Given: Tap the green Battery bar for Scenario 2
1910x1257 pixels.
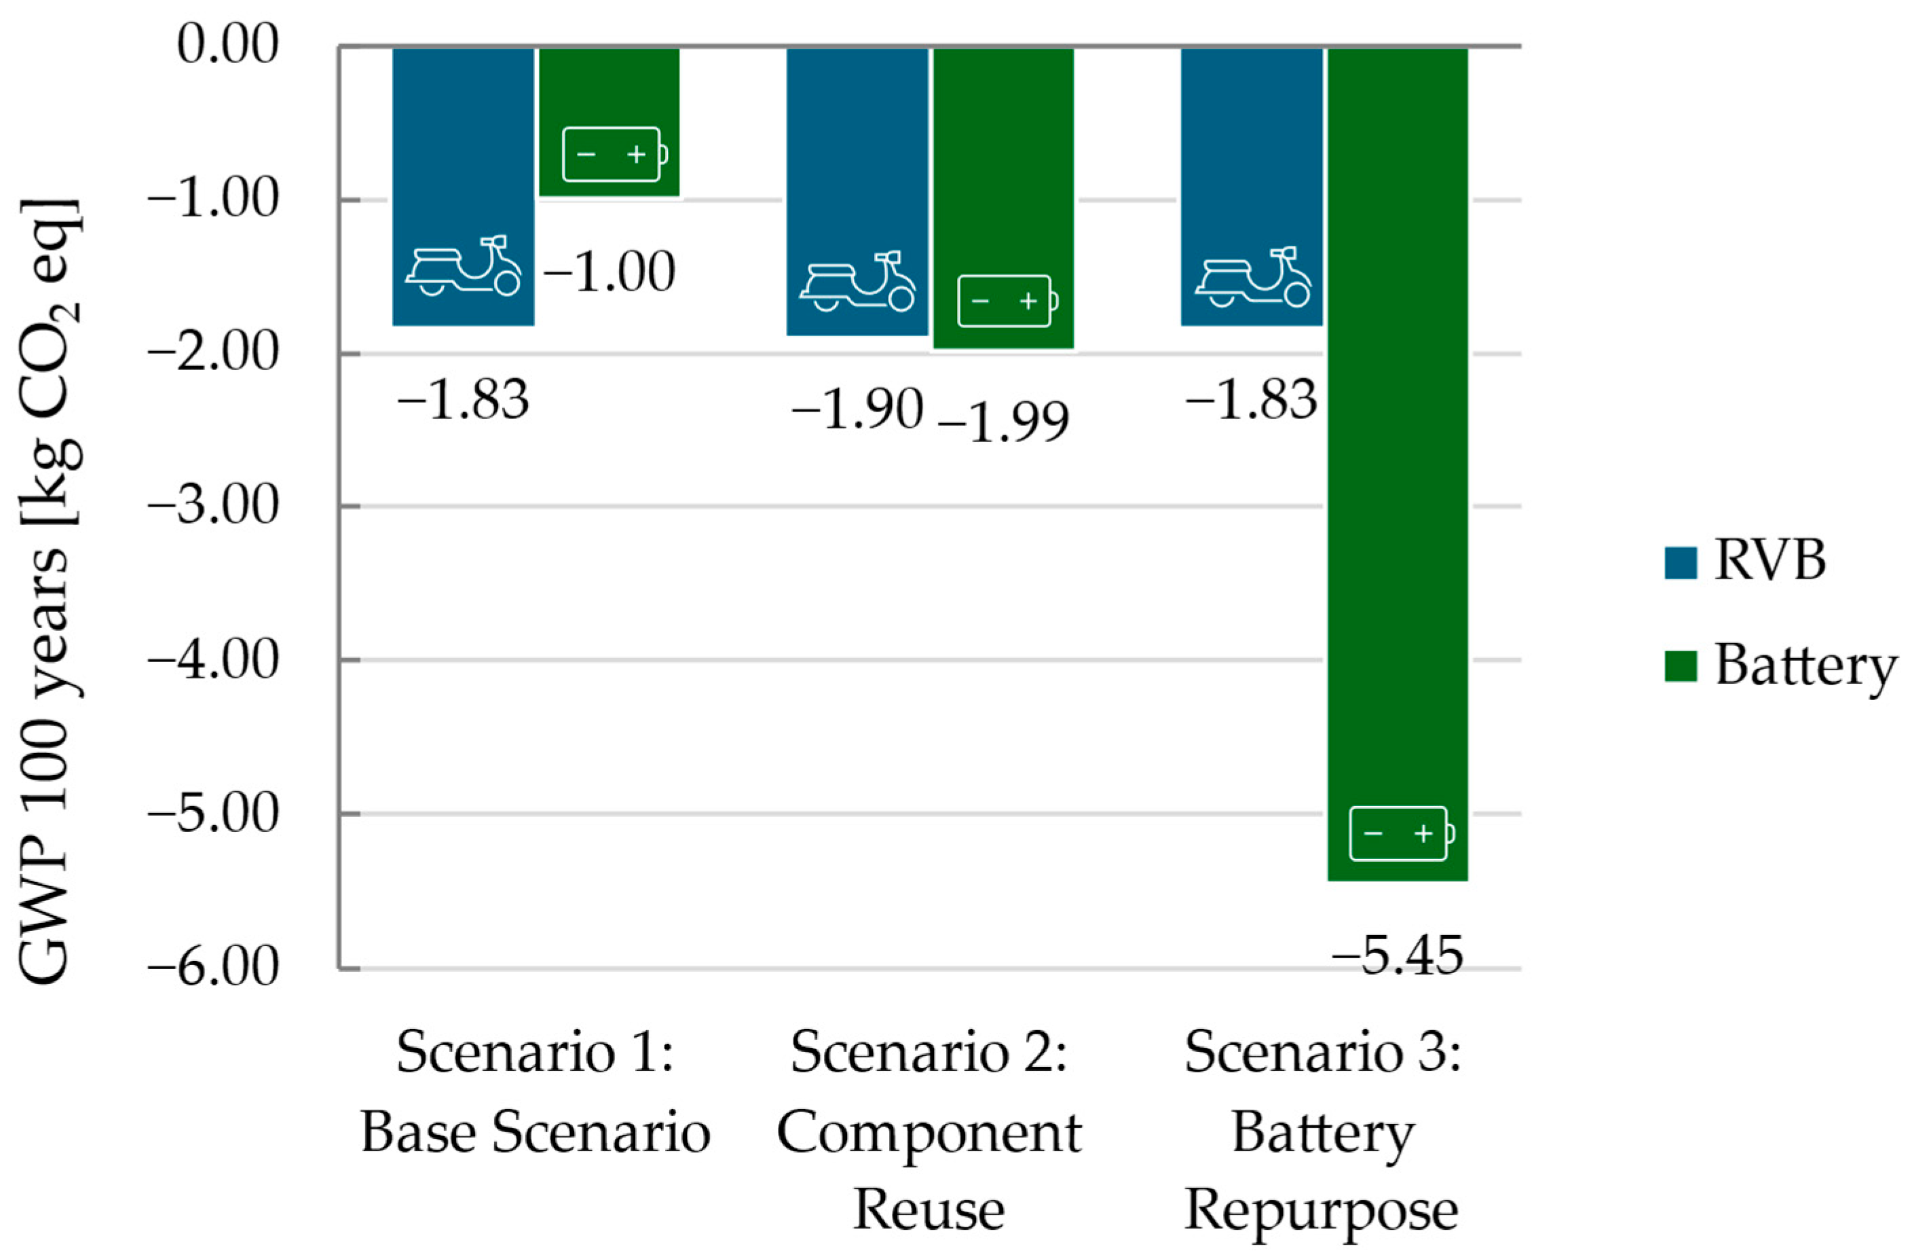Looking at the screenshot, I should pyautogui.click(x=1003, y=160).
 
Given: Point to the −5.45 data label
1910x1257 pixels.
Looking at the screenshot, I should pyautogui.click(x=1397, y=957).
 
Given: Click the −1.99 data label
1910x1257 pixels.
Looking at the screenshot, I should pyautogui.click(x=1003, y=422).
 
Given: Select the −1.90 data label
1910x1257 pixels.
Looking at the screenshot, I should pyautogui.click(x=857, y=409).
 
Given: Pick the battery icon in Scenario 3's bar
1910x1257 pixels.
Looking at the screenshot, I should pyautogui.click(x=1401, y=834).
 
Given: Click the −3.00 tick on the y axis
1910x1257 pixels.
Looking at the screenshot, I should pyautogui.click(x=212, y=507).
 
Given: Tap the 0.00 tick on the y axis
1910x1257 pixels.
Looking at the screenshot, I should pyautogui.click(x=228, y=45).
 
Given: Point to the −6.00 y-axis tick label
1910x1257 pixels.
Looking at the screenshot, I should pyautogui.click(x=212, y=967).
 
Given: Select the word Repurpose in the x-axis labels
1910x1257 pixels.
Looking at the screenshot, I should pyautogui.click(x=1321, y=1210).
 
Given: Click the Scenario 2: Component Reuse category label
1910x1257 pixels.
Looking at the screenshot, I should pyautogui.click(x=929, y=1132).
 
